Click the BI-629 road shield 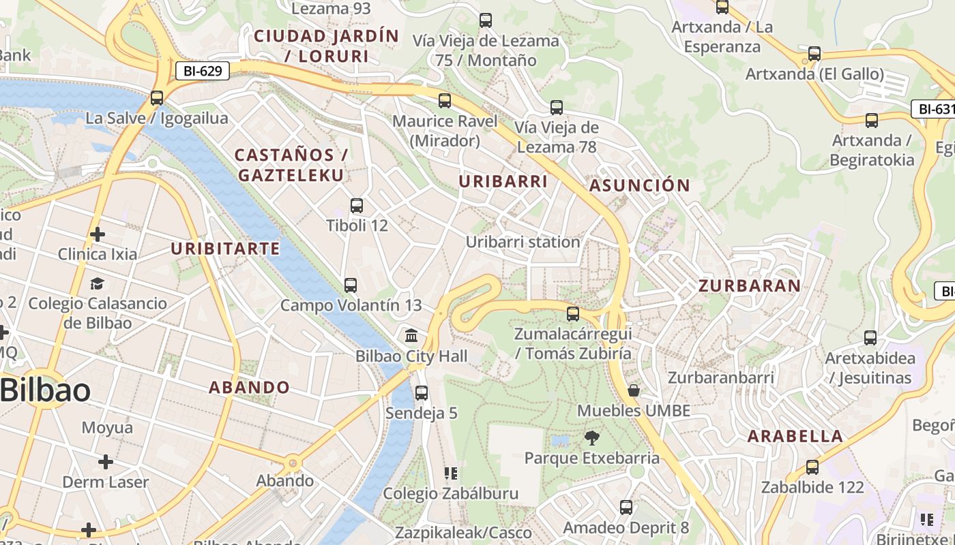click(203, 71)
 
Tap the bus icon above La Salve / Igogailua click(157, 97)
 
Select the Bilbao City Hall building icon click(411, 336)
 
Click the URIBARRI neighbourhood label click(503, 182)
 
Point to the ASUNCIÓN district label click(640, 185)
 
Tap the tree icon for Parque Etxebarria click(591, 437)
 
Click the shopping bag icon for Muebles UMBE click(634, 390)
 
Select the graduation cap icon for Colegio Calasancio click(98, 283)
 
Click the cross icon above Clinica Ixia click(98, 234)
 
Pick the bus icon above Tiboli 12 click(356, 205)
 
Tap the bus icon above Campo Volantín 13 click(351, 285)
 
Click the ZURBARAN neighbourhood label click(749, 286)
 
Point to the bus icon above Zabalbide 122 click(812, 467)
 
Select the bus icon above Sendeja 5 click(422, 392)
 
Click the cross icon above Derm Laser click(105, 462)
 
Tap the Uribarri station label click(523, 242)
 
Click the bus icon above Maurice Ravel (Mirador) click(445, 101)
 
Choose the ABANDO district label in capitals click(249, 388)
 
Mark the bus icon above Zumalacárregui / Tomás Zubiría click(573, 313)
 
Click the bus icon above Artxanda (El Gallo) click(814, 53)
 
